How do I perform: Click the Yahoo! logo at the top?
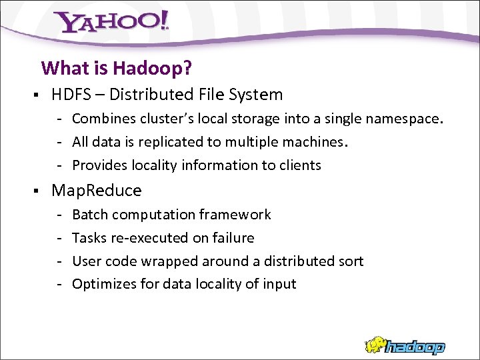pyautogui.click(x=111, y=23)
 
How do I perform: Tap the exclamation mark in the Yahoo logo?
pyautogui.click(x=162, y=21)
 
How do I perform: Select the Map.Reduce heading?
pyautogui.click(x=97, y=191)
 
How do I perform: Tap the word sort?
pyautogui.click(x=351, y=261)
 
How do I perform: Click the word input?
pyautogui.click(x=279, y=285)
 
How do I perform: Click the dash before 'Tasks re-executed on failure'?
pyautogui.click(x=59, y=238)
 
